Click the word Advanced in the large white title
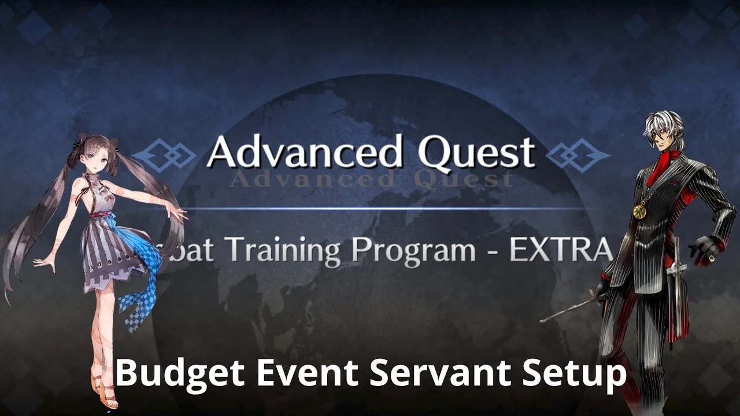tap(304, 153)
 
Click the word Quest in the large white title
tap(476, 153)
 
